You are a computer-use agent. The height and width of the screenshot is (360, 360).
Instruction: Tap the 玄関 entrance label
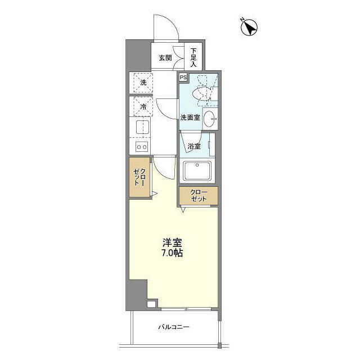click(164, 57)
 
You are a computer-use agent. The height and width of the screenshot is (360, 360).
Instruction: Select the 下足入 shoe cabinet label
click(193, 56)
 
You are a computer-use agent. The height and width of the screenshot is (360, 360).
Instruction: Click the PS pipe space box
click(183, 78)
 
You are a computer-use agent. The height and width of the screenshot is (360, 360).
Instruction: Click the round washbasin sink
click(209, 118)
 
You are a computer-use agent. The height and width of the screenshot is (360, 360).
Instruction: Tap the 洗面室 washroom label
click(190, 118)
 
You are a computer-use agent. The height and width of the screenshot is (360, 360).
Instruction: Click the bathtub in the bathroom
click(197, 170)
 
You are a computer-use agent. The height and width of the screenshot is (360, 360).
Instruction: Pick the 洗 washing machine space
click(142, 83)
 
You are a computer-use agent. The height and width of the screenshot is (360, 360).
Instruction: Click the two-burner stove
click(142, 147)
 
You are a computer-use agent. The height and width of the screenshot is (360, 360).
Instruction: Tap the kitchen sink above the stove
click(142, 127)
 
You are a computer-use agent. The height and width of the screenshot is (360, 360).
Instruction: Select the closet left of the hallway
click(140, 179)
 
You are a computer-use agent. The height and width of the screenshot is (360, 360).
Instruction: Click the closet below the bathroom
click(198, 196)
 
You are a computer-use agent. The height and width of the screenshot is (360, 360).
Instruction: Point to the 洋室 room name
click(173, 242)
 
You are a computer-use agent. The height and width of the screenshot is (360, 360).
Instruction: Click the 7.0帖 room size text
click(173, 253)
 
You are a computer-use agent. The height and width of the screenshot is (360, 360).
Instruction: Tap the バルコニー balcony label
click(173, 327)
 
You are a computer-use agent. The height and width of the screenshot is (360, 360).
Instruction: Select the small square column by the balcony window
click(150, 304)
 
